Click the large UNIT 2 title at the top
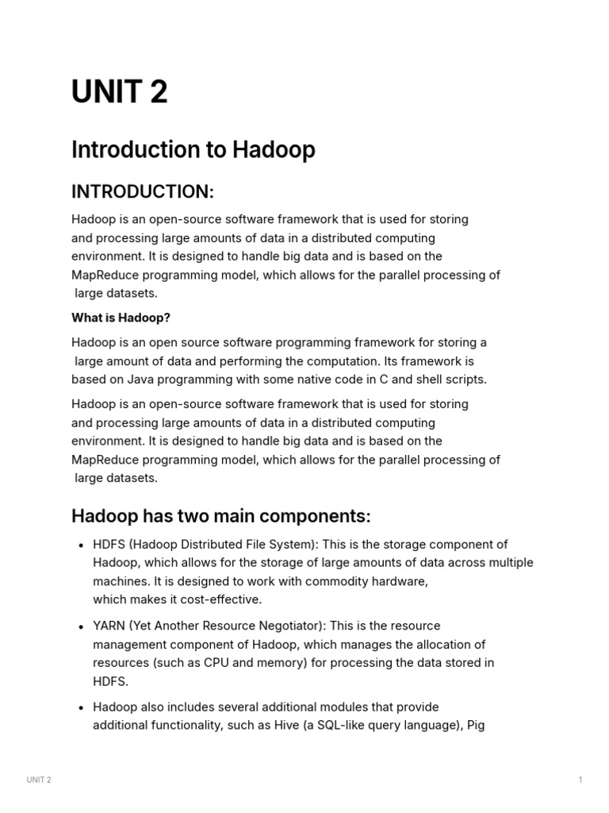click(x=119, y=93)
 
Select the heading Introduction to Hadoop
click(x=193, y=149)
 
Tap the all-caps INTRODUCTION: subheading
click(x=143, y=192)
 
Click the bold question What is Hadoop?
click(x=121, y=318)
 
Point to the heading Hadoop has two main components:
click(x=220, y=516)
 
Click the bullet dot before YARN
click(x=82, y=627)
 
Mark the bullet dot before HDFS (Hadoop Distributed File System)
click(x=82, y=545)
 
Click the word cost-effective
click(x=217, y=599)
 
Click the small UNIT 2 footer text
click(x=38, y=780)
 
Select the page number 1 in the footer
click(x=580, y=780)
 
